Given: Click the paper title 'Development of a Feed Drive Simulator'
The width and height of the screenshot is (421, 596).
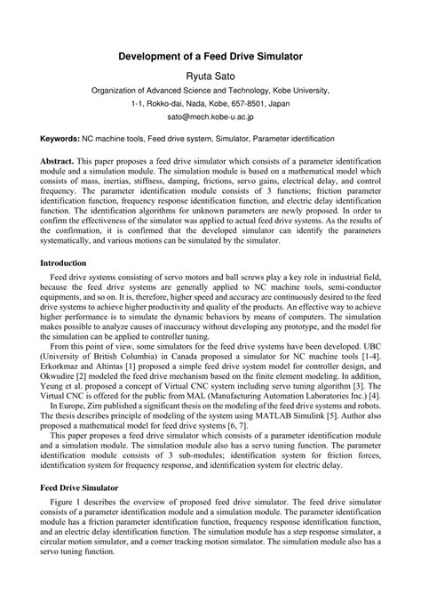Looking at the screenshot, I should [x=210, y=55].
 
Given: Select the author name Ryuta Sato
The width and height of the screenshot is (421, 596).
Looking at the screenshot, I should [x=210, y=76].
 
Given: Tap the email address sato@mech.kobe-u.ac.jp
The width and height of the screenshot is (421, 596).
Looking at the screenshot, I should [x=210, y=116].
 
